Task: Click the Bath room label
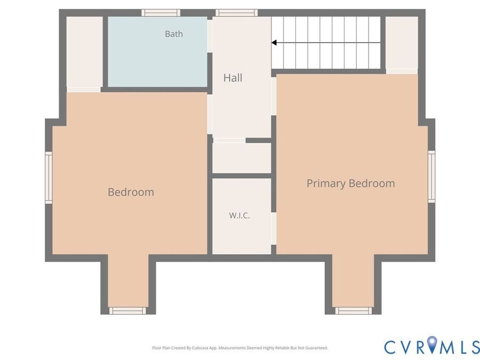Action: pyautogui.click(x=173, y=34)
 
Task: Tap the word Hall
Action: pyautogui.click(x=233, y=78)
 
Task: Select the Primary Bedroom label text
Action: pyautogui.click(x=350, y=183)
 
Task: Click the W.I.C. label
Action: pyautogui.click(x=239, y=215)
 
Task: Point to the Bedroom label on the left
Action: pyautogui.click(x=131, y=192)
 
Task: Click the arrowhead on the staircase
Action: pyautogui.click(x=274, y=43)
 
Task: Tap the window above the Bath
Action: pyautogui.click(x=161, y=13)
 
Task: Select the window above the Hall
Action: pyautogui.click(x=236, y=13)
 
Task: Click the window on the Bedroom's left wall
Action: pyautogui.click(x=49, y=178)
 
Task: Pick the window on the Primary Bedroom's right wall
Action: pyautogui.click(x=431, y=177)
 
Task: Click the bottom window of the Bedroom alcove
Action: pyautogui.click(x=127, y=311)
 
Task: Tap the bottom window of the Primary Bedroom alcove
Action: pyautogui.click(x=354, y=311)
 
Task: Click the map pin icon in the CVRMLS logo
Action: pyautogui.click(x=433, y=344)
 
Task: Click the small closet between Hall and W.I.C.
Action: pyautogui.click(x=242, y=158)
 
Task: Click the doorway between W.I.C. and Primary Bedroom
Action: pyautogui.click(x=274, y=229)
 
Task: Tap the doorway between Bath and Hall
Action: pyautogui.click(x=210, y=36)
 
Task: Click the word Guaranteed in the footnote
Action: pyautogui.click(x=318, y=348)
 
